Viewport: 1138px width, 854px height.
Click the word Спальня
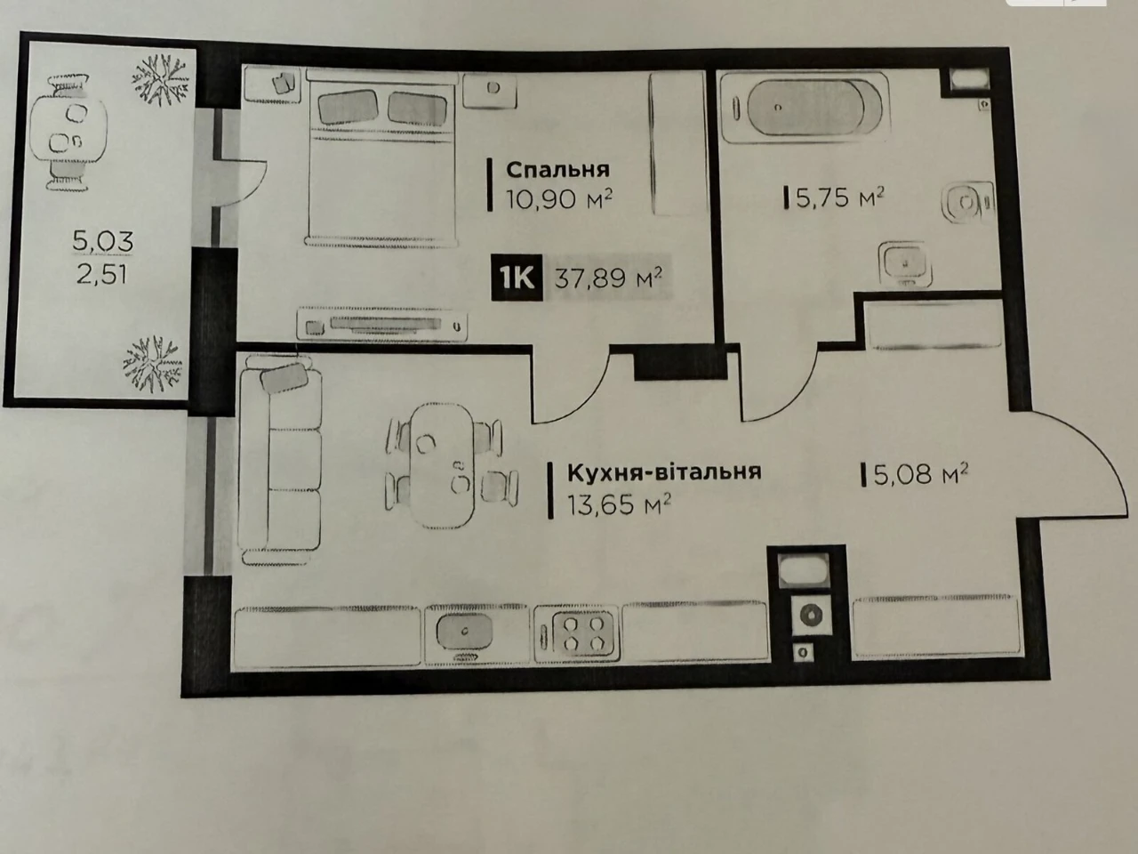pos(557,170)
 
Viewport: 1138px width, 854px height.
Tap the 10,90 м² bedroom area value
pos(559,199)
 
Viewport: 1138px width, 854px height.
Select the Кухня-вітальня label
pos(664,472)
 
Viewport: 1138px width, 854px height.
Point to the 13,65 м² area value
pos(620,504)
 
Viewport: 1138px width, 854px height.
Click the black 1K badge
pos(517,278)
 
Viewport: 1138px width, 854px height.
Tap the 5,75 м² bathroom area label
pos(839,197)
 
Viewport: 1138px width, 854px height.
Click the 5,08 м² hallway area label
pos(920,474)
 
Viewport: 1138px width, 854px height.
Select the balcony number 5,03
pos(102,242)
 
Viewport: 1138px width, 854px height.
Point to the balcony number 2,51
pos(101,274)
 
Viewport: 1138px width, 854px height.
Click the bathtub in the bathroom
pos(805,108)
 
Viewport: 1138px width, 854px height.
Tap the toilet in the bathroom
pos(968,202)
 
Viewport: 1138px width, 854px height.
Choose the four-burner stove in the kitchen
pos(577,634)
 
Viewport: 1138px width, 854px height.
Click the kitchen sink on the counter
pos(465,632)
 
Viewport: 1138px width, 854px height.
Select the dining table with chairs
pos(451,466)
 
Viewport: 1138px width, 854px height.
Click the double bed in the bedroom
pos(381,158)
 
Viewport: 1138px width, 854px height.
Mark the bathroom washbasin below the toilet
pos(905,263)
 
